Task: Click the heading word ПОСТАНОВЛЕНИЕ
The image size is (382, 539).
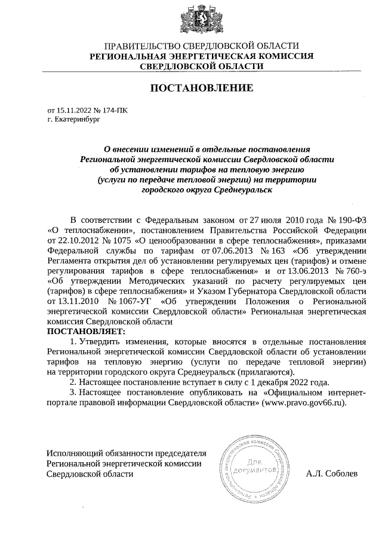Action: tap(201, 89)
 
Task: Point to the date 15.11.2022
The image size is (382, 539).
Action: tap(73, 110)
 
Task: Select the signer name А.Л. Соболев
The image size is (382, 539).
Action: tap(331, 474)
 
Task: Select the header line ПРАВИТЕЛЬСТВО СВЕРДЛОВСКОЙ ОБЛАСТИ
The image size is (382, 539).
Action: tap(201, 46)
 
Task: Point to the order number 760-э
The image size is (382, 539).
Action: tap(350, 270)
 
